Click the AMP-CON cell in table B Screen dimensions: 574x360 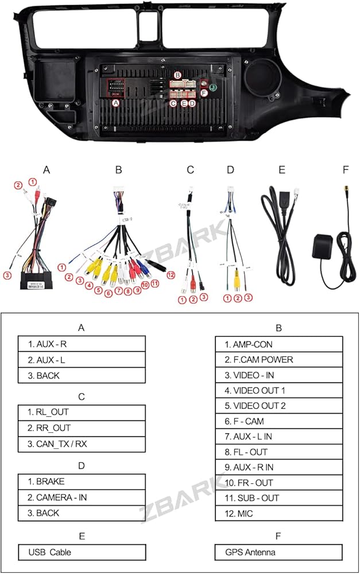[278, 344]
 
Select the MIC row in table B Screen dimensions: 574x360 [278, 513]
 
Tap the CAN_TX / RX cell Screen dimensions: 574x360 [81, 443]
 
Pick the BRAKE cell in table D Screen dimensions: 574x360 [81, 481]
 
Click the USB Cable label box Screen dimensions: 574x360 [81, 552]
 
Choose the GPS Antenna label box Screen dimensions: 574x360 [278, 552]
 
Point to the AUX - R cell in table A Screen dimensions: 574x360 [81, 344]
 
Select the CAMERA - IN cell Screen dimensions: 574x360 [81, 497]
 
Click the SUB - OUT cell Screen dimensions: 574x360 [278, 498]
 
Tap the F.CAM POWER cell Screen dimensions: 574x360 [278, 360]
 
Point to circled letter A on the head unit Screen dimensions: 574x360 [116, 103]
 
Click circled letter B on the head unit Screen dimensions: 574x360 [178, 75]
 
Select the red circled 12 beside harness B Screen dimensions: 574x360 [169, 274]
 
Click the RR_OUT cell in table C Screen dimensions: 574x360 [81, 428]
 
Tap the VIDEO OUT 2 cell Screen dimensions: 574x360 [278, 406]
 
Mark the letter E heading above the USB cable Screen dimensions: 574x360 [281, 170]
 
